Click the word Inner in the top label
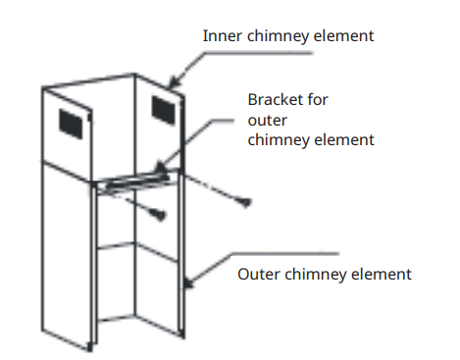[221, 36]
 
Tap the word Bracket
[274, 100]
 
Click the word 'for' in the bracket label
[315, 100]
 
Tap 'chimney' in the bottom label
[315, 273]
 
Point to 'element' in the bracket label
[343, 139]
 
